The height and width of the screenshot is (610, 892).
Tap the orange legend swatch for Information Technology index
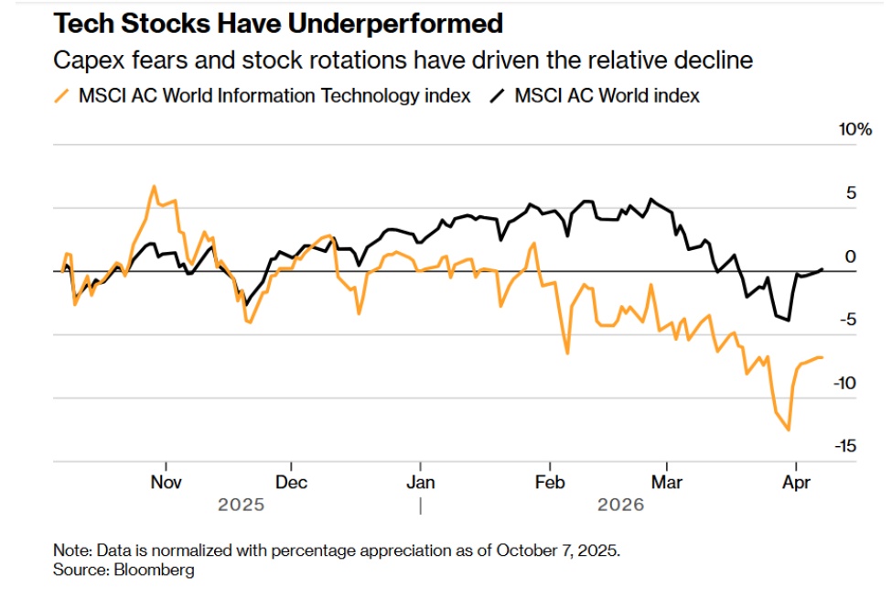62,95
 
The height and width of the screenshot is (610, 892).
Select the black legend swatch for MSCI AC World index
498,95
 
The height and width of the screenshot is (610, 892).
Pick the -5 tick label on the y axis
858,320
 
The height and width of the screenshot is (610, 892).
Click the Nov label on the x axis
166,482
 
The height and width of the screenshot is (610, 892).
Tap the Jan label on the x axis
420,482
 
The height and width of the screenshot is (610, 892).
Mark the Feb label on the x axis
550,482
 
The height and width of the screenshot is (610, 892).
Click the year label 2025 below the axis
241,505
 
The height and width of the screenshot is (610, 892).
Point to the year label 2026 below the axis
622,505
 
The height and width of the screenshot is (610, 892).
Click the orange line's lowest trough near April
789,430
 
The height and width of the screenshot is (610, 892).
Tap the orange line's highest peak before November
154,186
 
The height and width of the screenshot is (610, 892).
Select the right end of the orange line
822,357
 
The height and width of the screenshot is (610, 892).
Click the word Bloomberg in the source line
153,570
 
